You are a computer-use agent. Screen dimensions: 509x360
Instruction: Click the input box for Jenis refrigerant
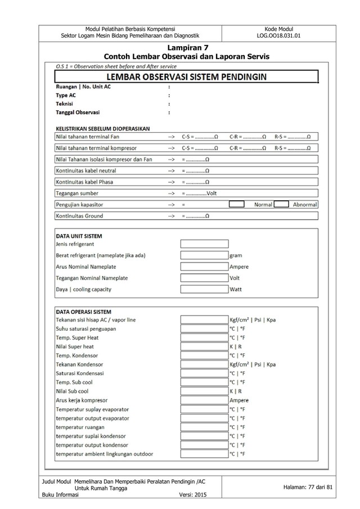[x=204, y=244]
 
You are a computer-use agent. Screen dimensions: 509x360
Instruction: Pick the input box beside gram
[x=204, y=255]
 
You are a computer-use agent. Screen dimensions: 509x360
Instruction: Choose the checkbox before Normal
[x=236, y=204]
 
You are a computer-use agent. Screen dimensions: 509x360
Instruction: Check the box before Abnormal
[x=282, y=204]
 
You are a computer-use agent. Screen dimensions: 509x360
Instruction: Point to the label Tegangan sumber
[x=77, y=193]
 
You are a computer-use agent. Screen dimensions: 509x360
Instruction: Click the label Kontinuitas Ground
[x=79, y=216]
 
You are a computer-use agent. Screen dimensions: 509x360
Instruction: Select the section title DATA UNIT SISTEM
[x=79, y=236]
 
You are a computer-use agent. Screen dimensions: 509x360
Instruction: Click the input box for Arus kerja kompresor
[x=204, y=400]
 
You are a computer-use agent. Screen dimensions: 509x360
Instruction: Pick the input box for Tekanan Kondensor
[x=204, y=364]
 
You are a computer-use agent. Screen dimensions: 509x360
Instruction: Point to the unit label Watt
[x=236, y=290]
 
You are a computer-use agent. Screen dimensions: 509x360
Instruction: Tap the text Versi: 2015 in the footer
[x=193, y=495]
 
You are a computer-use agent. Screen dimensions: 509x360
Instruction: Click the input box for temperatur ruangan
[x=204, y=427]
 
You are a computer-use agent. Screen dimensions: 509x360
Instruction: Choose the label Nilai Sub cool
[x=75, y=391]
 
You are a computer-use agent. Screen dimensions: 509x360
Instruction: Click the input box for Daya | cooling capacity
[x=204, y=290]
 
